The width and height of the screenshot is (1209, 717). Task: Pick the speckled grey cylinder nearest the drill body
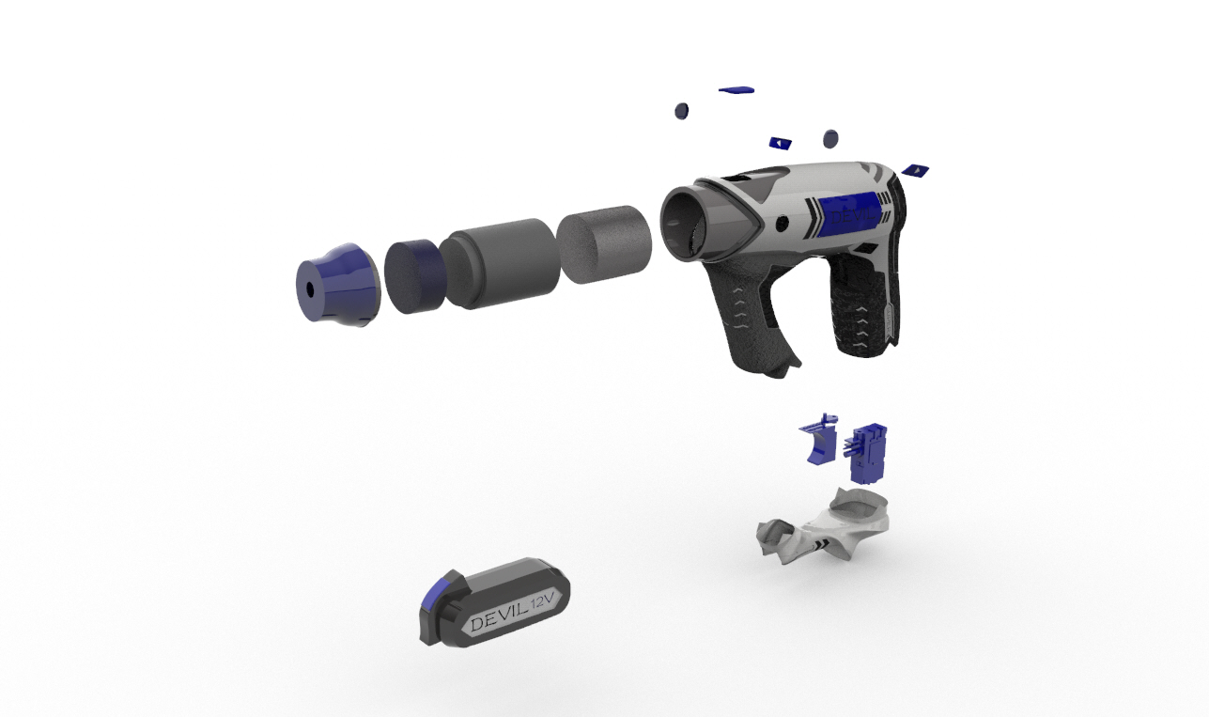click(x=604, y=243)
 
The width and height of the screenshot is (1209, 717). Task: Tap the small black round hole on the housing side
click(x=783, y=223)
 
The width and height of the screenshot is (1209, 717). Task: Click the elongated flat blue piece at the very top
click(x=736, y=90)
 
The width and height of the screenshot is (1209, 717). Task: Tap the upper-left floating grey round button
click(x=681, y=111)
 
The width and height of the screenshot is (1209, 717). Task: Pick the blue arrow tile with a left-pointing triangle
click(x=780, y=143)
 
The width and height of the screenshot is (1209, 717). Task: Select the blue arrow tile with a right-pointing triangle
click(x=915, y=171)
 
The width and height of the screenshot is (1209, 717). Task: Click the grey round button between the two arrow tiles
click(x=830, y=139)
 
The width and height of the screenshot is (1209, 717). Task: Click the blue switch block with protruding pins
click(x=870, y=449)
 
